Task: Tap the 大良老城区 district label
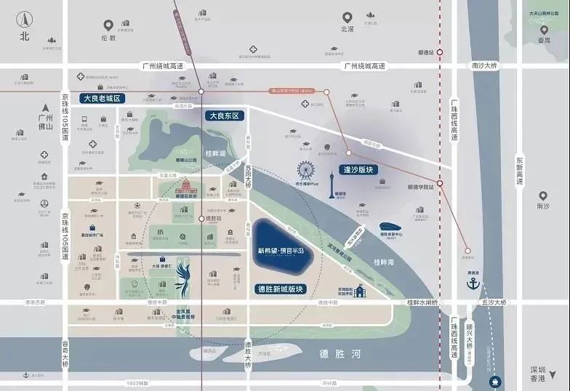104,98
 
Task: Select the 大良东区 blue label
224,116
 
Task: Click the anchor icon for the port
474,281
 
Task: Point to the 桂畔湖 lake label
217,153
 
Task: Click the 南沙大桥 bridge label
484,65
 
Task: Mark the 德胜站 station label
213,218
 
